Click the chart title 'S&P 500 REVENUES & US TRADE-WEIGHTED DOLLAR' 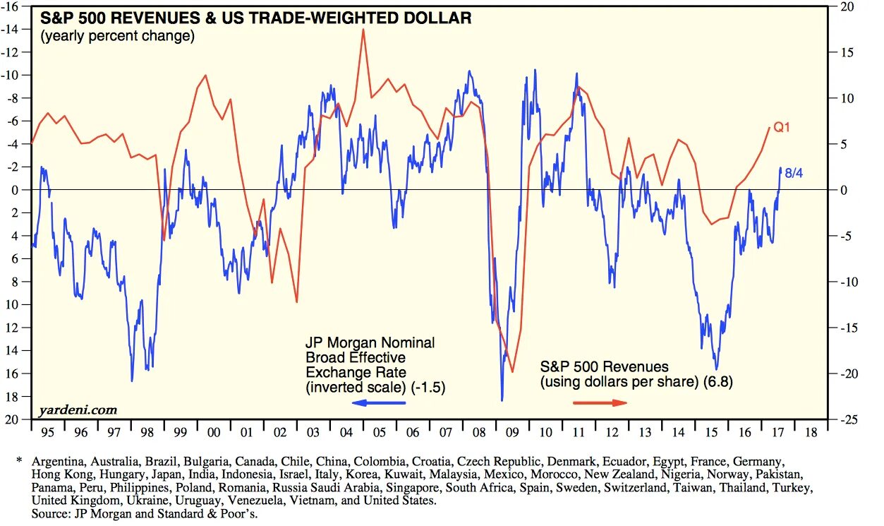point(255,18)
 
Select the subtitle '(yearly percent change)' point(117,35)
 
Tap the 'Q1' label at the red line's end point(782,127)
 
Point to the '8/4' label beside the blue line point(794,172)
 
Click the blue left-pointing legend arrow point(379,402)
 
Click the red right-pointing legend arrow point(600,402)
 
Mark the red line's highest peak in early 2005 point(363,29)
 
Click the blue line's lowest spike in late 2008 point(502,400)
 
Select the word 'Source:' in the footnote point(51,515)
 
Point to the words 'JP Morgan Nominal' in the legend point(370,342)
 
